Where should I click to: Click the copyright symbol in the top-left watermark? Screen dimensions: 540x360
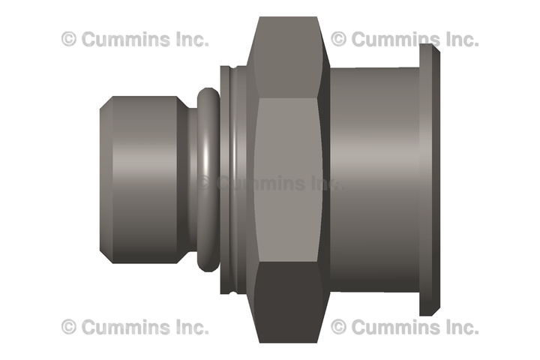[69, 39]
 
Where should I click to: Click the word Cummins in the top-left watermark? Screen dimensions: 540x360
[126, 39]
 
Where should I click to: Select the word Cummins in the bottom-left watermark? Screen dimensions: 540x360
[126, 326]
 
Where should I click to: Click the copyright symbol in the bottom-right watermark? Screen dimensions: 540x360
[338, 326]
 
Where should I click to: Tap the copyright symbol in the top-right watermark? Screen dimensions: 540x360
[338, 39]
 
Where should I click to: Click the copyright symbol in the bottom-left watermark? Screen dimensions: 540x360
[69, 326]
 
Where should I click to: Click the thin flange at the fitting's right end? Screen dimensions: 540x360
[430, 180]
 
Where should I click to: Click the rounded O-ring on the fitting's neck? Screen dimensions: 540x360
[208, 180]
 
